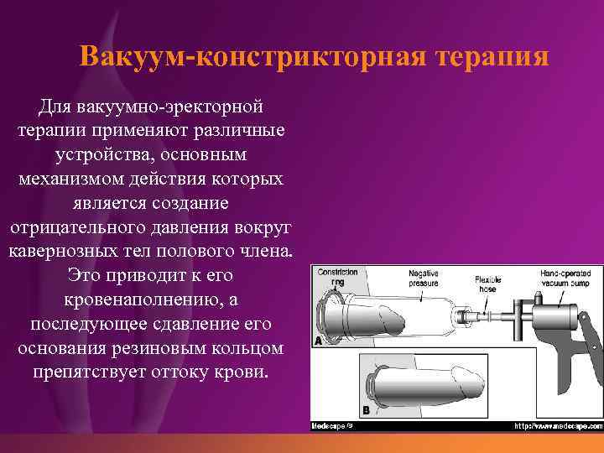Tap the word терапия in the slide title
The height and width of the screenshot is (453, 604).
tap(492, 57)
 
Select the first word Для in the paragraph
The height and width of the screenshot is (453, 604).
tap(56, 107)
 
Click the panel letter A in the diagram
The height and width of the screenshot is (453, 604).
tap(319, 341)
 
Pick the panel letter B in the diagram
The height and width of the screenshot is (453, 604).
tap(366, 410)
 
